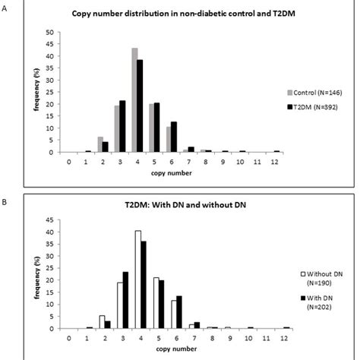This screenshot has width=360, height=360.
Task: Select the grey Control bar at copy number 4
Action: [x=134, y=100]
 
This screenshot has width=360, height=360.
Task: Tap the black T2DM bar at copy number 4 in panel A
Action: [x=140, y=106]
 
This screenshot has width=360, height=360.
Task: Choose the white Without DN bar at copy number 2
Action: [x=103, y=321]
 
